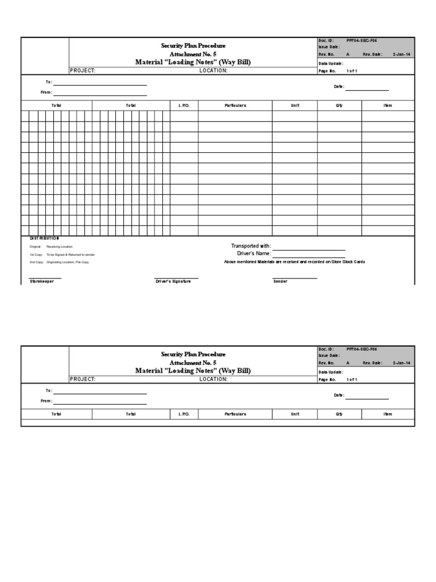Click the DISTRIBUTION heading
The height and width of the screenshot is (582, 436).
(x=44, y=238)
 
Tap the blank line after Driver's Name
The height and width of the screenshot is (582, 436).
(x=309, y=253)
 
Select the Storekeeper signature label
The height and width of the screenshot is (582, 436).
(x=42, y=282)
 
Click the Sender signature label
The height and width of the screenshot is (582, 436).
(x=280, y=282)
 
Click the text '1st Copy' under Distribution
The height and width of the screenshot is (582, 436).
(x=36, y=255)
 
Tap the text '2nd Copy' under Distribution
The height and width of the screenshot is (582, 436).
(x=36, y=262)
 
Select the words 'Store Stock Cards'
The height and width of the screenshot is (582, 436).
(x=348, y=261)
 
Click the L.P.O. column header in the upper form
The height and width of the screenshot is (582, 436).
(x=184, y=106)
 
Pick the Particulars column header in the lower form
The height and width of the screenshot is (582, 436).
(x=235, y=414)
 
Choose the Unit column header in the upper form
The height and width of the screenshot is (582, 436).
(x=295, y=106)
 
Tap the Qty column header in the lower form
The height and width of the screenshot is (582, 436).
(x=339, y=414)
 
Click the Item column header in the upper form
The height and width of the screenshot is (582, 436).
(x=388, y=106)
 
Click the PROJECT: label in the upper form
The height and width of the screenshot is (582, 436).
(x=82, y=71)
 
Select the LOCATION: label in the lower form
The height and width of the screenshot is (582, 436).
(x=213, y=380)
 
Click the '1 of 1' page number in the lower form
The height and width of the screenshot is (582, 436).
(x=352, y=380)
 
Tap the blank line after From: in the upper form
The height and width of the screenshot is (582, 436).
(x=100, y=93)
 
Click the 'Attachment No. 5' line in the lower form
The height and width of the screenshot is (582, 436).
(x=192, y=362)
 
